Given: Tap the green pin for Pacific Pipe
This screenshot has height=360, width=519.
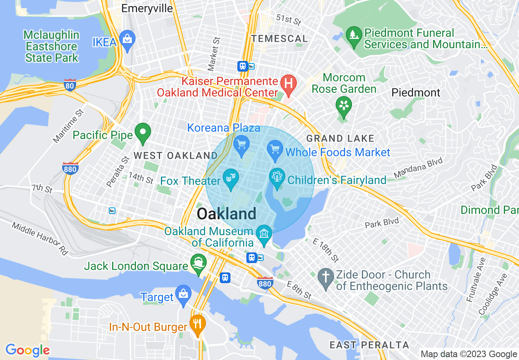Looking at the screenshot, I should [x=143, y=133].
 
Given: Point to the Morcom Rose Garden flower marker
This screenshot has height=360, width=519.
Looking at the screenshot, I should [x=344, y=106].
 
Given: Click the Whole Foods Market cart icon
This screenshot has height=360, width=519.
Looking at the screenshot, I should [x=275, y=149].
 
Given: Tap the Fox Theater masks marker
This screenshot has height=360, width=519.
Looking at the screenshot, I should [x=230, y=178].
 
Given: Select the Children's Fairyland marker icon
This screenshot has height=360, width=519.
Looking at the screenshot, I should [x=277, y=178].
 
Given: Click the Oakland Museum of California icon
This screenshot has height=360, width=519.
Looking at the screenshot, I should [x=264, y=234].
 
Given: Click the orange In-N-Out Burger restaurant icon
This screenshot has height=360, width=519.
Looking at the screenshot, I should [x=198, y=324].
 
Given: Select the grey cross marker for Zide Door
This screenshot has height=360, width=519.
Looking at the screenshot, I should [x=326, y=277].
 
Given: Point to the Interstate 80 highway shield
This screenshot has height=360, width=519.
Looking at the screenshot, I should [x=70, y=85].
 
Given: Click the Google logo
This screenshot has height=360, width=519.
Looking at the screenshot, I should [x=27, y=350].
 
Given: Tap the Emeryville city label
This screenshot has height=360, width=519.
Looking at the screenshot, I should [x=147, y=9].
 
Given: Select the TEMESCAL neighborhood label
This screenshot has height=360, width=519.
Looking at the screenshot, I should [x=280, y=39].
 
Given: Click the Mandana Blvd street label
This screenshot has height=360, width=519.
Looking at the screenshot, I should [x=418, y=169].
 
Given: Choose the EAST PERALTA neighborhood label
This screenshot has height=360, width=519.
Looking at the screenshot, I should [x=369, y=345].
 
